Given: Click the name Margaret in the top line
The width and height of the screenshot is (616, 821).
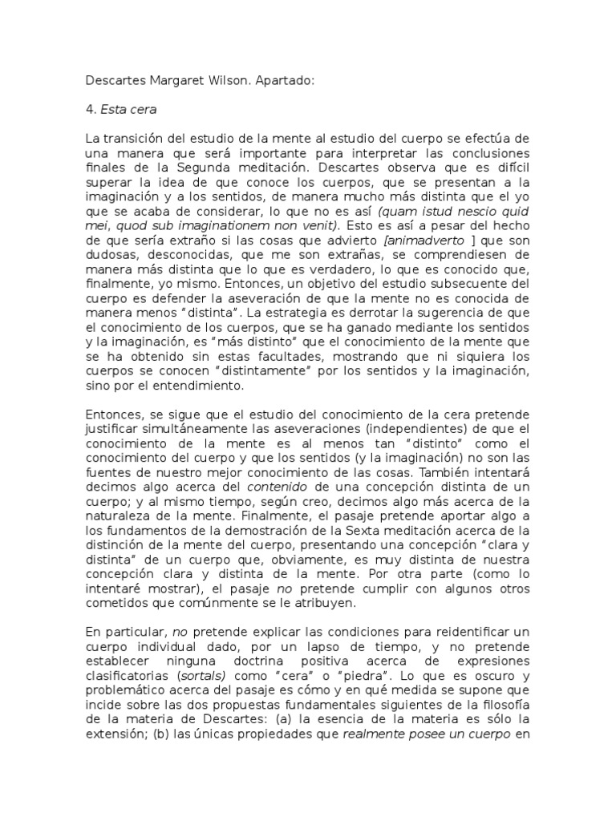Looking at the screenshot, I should tap(170, 81).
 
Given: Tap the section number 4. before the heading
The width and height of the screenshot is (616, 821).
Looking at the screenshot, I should tap(91, 110).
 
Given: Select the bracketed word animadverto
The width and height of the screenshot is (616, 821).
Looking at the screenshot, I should tap(427, 240).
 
